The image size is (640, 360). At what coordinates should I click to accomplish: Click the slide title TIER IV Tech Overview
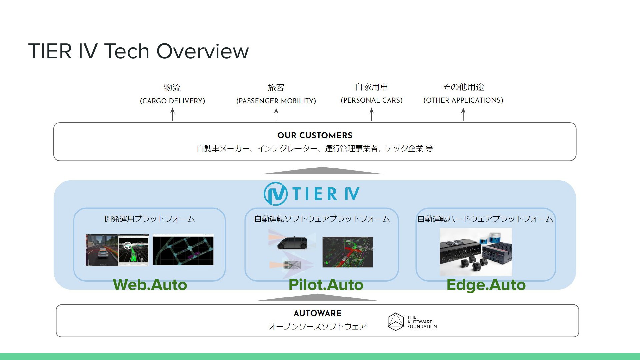pos(138,51)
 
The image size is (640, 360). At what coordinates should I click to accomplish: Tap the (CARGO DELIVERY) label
pos(172,101)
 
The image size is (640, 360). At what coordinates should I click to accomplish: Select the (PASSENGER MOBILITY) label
pos(276,101)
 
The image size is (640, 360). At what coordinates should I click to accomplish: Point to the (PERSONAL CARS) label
pos(371,100)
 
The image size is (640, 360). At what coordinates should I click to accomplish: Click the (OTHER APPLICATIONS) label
pos(463,100)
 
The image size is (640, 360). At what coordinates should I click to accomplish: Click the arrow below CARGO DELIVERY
pos(172,114)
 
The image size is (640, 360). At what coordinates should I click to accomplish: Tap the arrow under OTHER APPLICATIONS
pos(463,114)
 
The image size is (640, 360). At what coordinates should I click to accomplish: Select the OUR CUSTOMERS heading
pos(315,135)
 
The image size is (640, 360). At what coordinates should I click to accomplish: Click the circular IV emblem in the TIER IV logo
pos(276,194)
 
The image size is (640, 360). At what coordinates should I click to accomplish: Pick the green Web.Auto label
pos(150,285)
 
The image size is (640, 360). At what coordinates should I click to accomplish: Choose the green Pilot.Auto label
pos(326,285)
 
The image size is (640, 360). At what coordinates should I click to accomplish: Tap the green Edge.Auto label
pos(486,285)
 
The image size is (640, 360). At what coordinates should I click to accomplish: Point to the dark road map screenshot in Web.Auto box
pos(183,250)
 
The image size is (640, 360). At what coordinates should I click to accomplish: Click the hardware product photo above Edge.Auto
pos(476,252)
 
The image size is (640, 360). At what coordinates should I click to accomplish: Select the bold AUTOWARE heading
pos(317,313)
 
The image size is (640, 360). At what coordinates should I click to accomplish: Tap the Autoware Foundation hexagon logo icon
pos(396,322)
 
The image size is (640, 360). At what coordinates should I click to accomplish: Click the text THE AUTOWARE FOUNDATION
pos(422,322)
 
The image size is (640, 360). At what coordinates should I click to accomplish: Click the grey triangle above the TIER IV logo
pos(322,170)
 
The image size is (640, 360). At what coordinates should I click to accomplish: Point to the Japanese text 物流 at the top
pos(172,87)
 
